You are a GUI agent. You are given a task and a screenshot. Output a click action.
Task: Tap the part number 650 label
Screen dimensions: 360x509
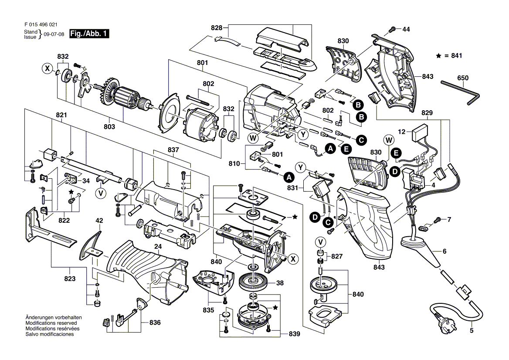[463, 78]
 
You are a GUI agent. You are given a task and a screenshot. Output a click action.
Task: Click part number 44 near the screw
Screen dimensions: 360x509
[406, 30]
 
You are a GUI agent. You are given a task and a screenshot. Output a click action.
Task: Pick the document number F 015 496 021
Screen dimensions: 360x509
[41, 26]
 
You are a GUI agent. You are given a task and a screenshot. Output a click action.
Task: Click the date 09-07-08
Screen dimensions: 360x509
[54, 34]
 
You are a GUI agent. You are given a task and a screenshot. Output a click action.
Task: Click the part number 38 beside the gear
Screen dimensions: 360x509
[280, 283]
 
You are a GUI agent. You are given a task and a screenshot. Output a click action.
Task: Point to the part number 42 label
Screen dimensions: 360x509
[99, 221]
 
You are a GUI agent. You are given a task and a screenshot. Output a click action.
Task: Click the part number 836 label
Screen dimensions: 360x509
[155, 323]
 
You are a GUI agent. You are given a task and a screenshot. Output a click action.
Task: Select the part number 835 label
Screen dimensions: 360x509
[209, 310]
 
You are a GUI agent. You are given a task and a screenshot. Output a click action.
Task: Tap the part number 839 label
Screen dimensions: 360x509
[294, 334]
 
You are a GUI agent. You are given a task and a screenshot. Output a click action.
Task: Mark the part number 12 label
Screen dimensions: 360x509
[401, 131]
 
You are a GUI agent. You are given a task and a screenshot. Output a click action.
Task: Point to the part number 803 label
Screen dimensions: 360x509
[109, 126]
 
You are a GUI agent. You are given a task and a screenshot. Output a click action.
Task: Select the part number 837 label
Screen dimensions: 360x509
[173, 149]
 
